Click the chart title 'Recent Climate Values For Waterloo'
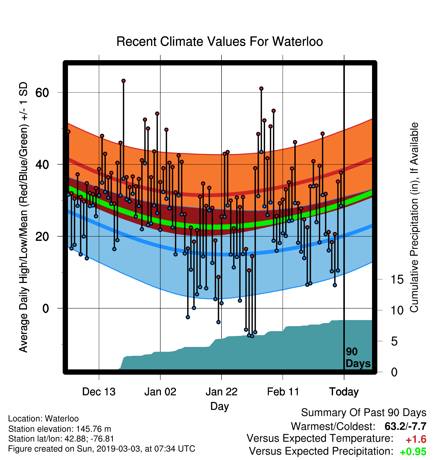click(x=219, y=42)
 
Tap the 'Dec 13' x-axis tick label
click(x=99, y=392)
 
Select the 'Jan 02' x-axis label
click(x=160, y=392)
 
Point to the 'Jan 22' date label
click(x=222, y=392)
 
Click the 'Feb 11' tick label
click(x=283, y=392)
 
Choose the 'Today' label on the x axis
click(x=344, y=392)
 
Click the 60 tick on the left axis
click(x=42, y=93)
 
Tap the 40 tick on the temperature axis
click(x=42, y=165)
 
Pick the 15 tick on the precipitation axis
click(x=397, y=280)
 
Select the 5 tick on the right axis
click(x=394, y=341)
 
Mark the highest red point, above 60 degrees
click(x=123, y=81)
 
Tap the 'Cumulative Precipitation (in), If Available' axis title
click(x=414, y=218)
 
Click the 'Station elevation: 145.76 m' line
click(x=60, y=429)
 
